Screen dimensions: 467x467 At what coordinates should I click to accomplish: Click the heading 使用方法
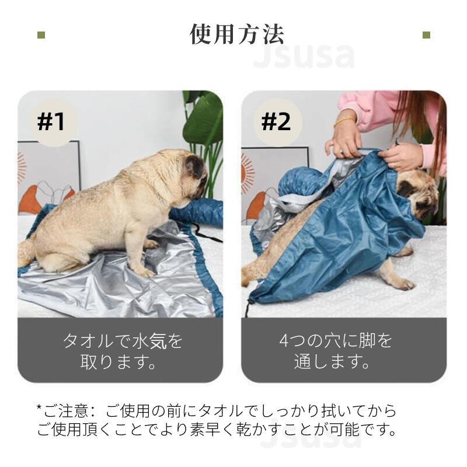(237, 34)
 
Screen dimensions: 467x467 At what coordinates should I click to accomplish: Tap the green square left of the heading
(41, 35)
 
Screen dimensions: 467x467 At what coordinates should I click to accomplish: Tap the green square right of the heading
(426, 35)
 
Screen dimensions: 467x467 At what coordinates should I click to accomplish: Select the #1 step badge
(51, 122)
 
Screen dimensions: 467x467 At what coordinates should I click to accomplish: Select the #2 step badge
(276, 122)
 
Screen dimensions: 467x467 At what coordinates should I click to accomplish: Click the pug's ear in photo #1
(194, 166)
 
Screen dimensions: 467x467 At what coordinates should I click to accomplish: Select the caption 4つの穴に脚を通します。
(336, 351)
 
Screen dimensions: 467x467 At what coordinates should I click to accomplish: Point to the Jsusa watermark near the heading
(304, 56)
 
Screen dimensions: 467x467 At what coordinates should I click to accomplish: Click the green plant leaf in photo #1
(205, 119)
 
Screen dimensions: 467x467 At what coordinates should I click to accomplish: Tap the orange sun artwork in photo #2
(248, 173)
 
